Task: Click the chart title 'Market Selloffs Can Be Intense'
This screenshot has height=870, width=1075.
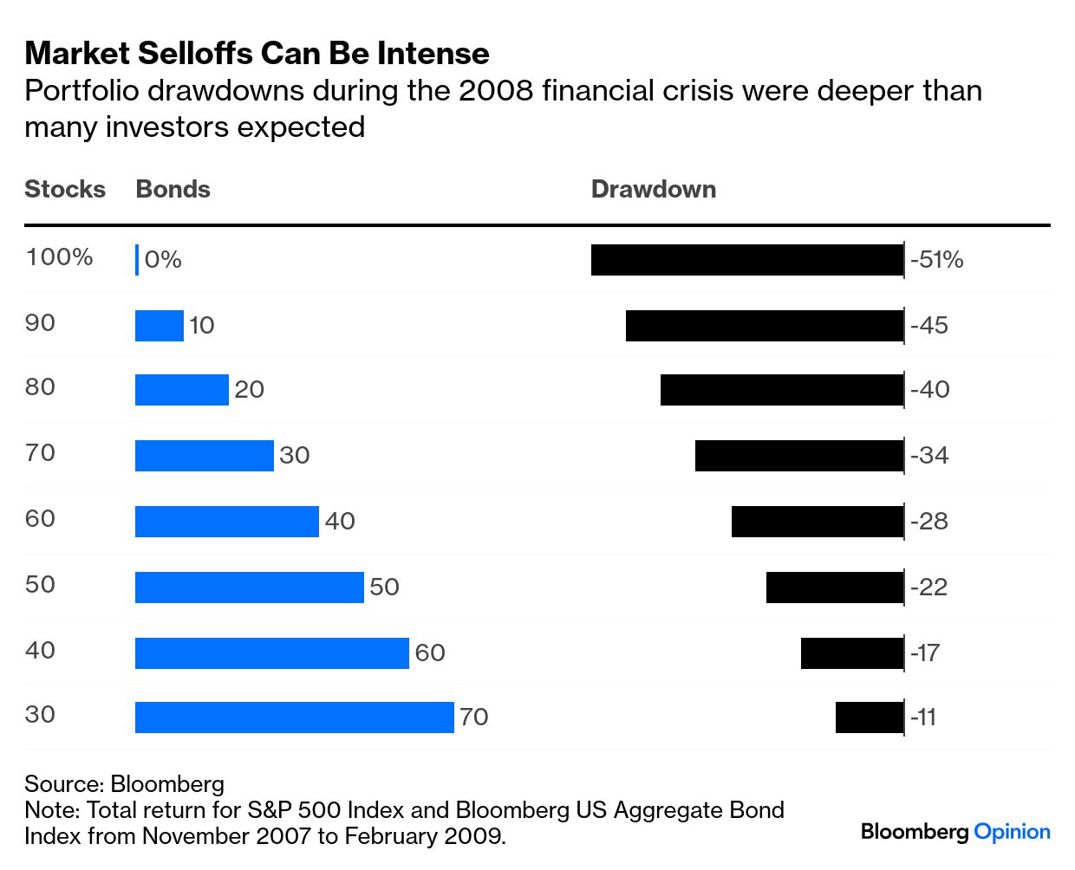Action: [x=257, y=53]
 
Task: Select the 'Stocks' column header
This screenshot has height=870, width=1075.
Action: [x=65, y=189]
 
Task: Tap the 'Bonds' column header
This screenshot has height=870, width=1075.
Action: [x=173, y=189]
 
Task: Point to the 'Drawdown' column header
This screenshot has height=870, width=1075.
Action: [x=653, y=189]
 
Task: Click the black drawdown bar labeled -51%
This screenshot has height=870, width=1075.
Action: [x=746, y=260]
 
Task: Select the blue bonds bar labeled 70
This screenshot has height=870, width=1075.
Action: [x=294, y=717]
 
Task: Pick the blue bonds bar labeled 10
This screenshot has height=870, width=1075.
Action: [x=160, y=326]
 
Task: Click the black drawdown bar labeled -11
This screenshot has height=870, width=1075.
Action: [x=869, y=717]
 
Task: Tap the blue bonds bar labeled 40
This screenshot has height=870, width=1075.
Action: [x=226, y=522]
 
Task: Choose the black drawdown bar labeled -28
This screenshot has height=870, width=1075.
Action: [x=817, y=522]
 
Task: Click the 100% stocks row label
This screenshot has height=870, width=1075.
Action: [x=59, y=257]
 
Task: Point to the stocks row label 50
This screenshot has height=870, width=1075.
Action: [x=40, y=584]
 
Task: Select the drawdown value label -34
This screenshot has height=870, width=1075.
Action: [x=929, y=455]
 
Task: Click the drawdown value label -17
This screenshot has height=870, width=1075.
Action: [x=925, y=652]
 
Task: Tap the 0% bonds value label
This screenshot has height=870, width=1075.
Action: [x=163, y=260]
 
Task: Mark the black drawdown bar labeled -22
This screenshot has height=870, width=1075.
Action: [x=834, y=588]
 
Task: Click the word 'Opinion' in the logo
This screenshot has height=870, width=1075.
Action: [x=1012, y=832]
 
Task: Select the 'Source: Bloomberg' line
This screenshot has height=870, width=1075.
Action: [x=124, y=784]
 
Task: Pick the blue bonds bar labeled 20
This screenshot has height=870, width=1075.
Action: [x=181, y=390]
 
